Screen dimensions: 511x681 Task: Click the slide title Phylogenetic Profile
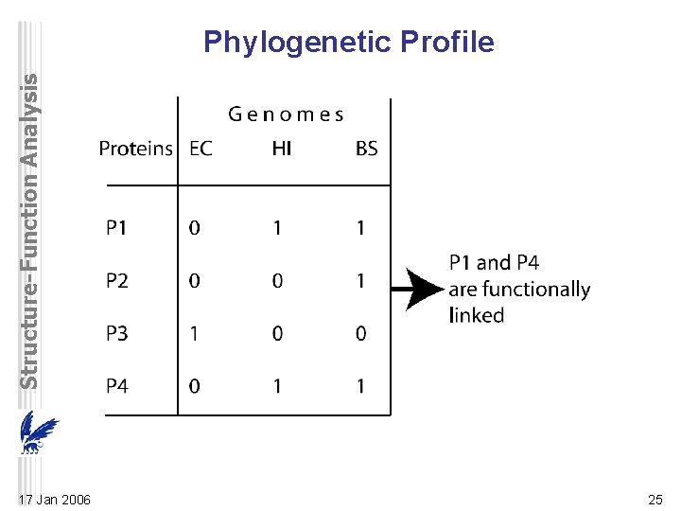click(349, 43)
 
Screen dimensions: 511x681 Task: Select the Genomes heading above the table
click(286, 115)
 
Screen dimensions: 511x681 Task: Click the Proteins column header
click(136, 149)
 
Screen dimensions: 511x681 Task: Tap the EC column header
click(201, 149)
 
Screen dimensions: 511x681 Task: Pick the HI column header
click(281, 149)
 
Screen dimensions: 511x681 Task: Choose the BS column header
click(366, 149)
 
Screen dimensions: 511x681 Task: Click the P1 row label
click(116, 227)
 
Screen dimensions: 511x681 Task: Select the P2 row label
click(117, 280)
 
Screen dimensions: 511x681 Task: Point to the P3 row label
click(117, 333)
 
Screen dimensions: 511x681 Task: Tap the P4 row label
click(117, 386)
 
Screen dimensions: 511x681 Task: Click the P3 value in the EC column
click(195, 333)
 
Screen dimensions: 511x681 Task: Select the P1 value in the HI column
click(277, 227)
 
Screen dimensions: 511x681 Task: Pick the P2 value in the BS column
click(361, 280)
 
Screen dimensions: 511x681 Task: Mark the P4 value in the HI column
click(277, 386)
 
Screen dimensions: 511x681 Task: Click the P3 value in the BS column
click(361, 333)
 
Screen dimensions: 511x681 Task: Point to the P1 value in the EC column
click(195, 227)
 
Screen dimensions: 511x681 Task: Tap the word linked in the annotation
click(477, 315)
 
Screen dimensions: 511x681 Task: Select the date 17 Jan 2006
click(55, 500)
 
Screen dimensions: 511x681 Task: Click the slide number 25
click(655, 500)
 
